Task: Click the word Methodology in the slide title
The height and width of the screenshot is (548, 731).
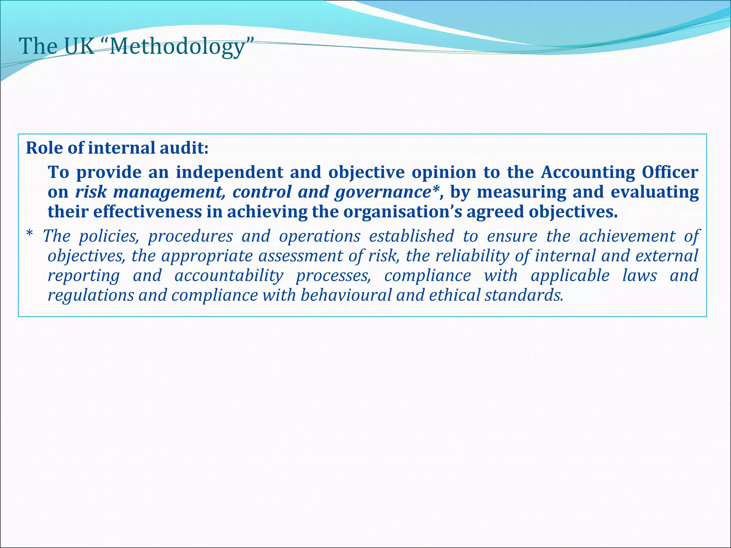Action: [x=177, y=47]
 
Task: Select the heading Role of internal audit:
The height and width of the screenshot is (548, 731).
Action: [x=117, y=148]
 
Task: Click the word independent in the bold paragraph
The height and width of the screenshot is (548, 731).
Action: [x=229, y=172]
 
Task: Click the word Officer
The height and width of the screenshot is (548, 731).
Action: [x=670, y=172]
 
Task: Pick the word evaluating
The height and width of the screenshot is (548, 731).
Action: [x=655, y=192]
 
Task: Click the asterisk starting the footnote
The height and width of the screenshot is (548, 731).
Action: [x=30, y=235]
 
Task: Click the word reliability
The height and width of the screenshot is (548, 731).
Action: [x=472, y=256]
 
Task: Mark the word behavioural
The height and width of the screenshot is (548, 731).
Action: [x=346, y=295]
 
